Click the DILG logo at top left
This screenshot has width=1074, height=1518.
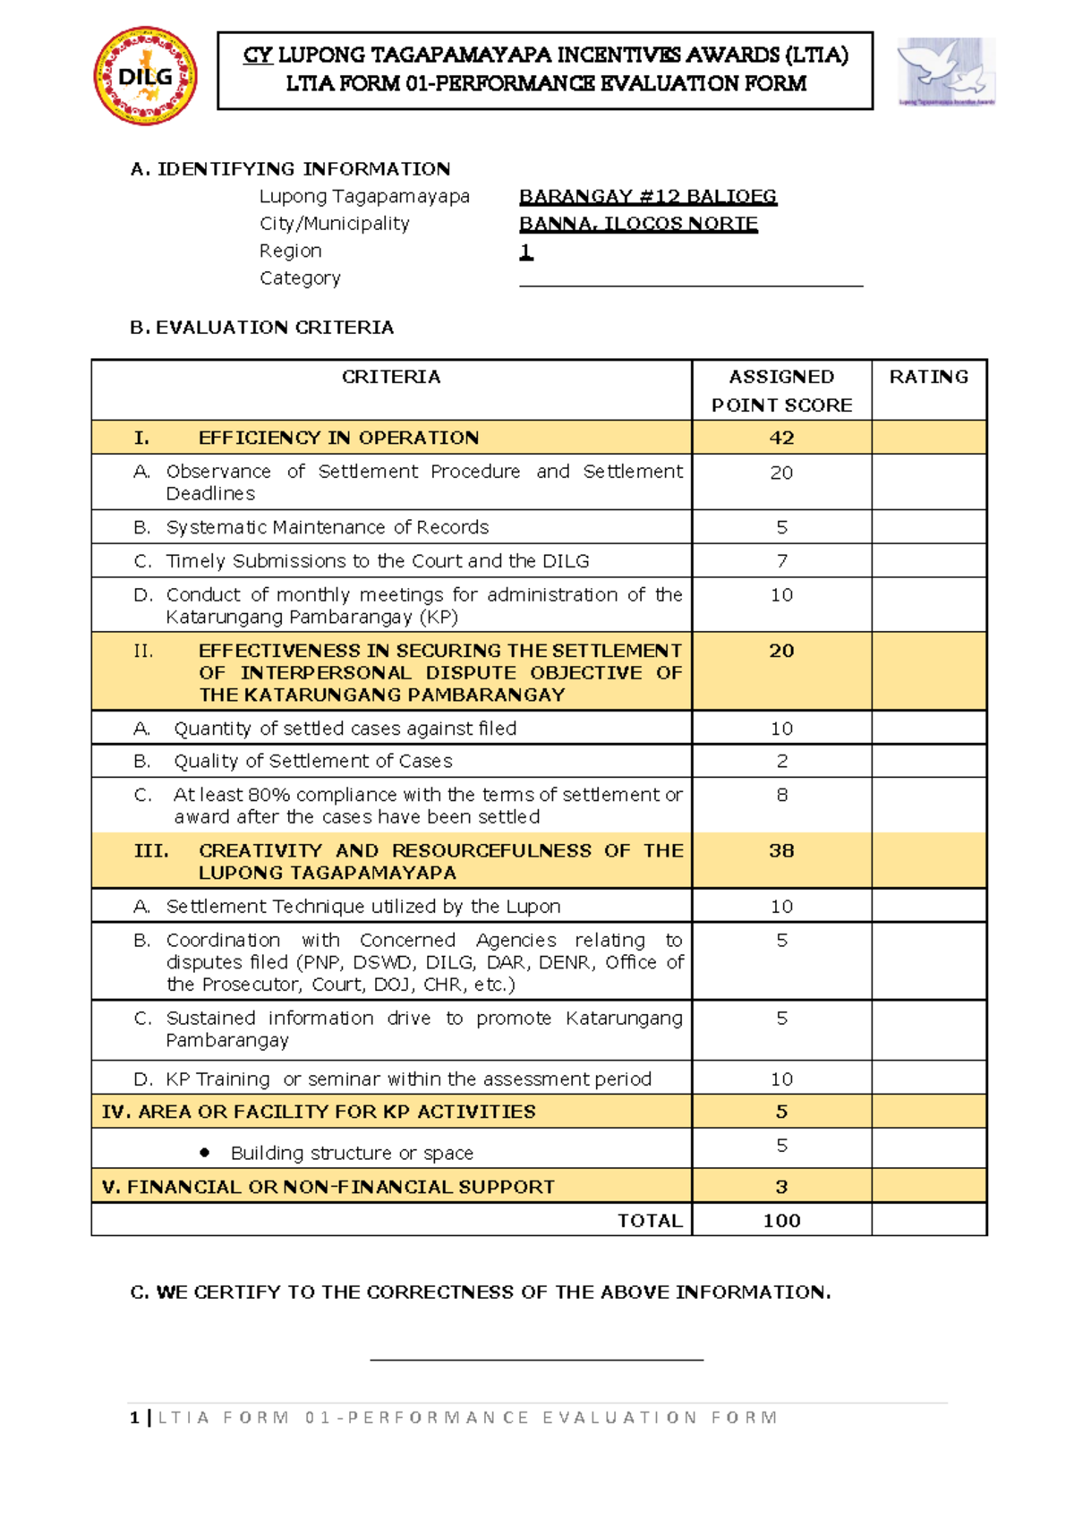146,76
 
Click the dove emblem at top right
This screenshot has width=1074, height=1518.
946,71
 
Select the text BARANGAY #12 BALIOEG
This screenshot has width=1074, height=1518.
647,196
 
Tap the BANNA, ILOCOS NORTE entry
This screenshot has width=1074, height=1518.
638,224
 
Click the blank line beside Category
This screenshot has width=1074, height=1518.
690,283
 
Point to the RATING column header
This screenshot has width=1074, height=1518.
928,377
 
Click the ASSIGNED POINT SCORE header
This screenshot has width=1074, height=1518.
781,390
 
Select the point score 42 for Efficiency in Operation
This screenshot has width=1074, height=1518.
781,438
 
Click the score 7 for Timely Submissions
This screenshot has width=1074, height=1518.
781,561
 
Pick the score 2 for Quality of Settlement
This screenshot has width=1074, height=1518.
781,761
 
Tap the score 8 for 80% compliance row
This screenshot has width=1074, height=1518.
781,795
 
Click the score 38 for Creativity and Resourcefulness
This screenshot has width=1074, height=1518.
781,850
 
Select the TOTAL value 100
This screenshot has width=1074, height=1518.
781,1221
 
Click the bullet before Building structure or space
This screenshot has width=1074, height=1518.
205,1153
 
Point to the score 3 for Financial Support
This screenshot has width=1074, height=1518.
781,1187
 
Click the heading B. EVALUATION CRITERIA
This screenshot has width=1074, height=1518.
261,328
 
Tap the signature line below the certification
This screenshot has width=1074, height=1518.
536,1359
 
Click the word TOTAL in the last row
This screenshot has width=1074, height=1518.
650,1221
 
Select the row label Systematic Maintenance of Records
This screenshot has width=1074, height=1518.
327,527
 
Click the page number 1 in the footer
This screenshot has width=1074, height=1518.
134,1418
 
